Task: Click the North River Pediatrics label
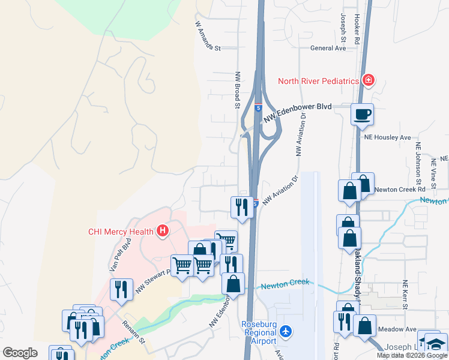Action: click(x=318, y=81)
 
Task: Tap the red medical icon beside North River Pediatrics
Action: click(x=368, y=80)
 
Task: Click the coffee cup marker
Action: click(x=362, y=114)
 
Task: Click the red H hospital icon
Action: click(x=161, y=230)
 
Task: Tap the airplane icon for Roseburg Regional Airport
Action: click(x=286, y=331)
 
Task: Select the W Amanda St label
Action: click(x=208, y=37)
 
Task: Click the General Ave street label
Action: click(x=328, y=48)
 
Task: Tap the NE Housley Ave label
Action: click(x=387, y=137)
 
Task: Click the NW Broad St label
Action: click(x=238, y=90)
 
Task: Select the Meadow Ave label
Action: click(x=402, y=329)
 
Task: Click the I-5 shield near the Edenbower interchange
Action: click(x=258, y=108)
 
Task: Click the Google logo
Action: click(x=20, y=352)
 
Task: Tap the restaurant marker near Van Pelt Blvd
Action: click(x=122, y=290)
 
